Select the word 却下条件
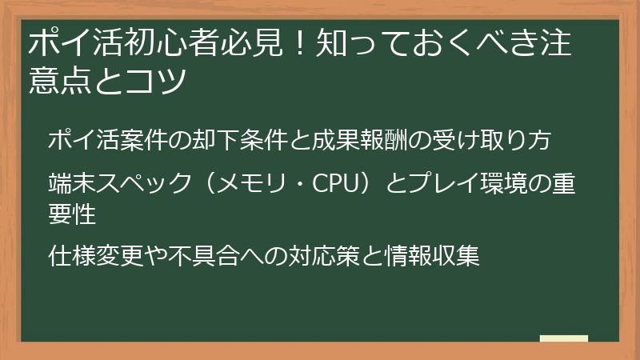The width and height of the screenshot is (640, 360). [x=235, y=140]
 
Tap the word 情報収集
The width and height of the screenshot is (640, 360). [x=428, y=257]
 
